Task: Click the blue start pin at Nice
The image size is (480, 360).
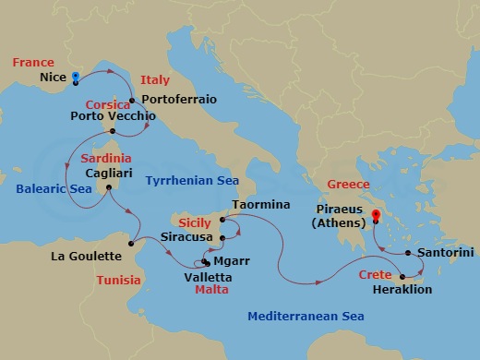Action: pos(76,77)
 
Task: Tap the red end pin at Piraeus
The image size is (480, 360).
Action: pos(375,218)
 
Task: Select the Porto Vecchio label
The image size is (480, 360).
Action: pos(113,117)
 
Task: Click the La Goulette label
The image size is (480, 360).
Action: pos(86,256)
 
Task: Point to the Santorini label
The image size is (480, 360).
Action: pos(446,251)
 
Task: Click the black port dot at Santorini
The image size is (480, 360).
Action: pos(408,251)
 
